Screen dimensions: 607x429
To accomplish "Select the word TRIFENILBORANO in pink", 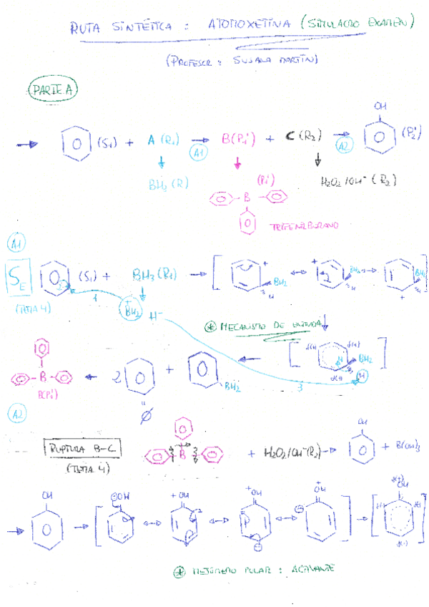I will coord(305,226).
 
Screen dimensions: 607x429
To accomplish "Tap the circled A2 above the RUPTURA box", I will coord(16,414).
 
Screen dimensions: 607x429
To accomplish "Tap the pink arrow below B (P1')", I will coord(237,164).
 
